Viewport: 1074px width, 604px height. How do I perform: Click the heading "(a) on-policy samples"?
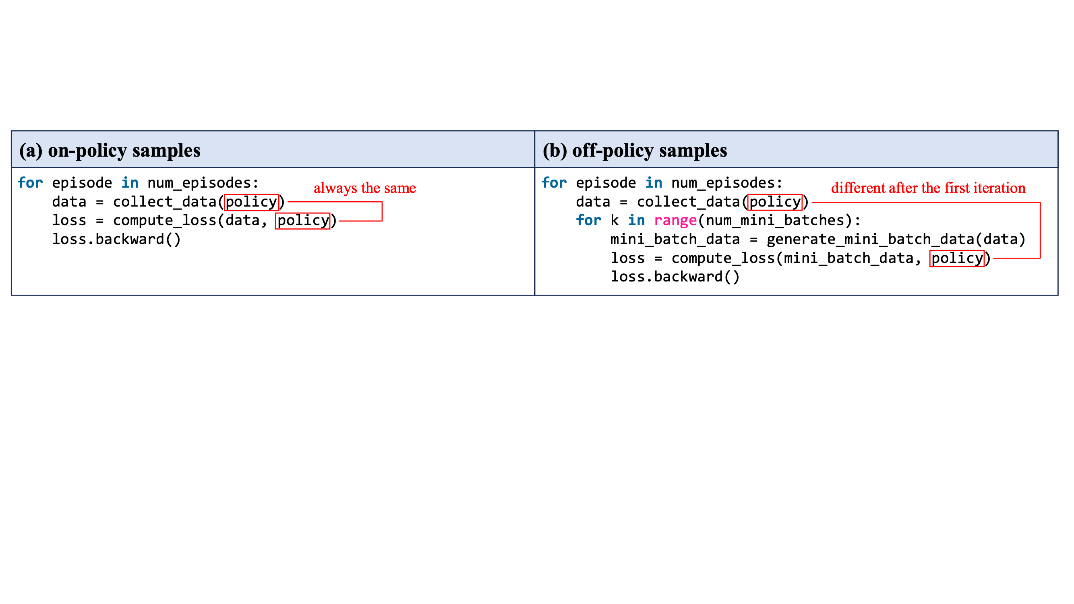pos(110,151)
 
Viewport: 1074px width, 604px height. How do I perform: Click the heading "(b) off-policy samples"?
pos(635,151)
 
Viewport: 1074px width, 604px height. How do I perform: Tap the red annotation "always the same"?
pos(365,188)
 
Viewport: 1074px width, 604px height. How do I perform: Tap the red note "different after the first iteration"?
pos(928,188)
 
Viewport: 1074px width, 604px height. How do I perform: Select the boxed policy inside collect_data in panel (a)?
pos(251,202)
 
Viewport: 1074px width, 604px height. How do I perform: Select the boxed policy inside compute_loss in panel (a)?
pos(303,221)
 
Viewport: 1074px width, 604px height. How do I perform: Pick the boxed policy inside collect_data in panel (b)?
pos(775,202)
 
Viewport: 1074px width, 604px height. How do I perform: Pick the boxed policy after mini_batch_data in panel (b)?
pos(957,259)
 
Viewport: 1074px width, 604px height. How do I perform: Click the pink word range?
pos(675,221)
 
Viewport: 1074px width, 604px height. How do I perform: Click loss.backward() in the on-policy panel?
pos(116,239)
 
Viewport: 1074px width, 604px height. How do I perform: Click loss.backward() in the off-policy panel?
pos(675,277)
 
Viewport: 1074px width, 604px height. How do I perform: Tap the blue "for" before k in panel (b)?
pos(588,221)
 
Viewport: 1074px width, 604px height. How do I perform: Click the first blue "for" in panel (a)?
pos(30,183)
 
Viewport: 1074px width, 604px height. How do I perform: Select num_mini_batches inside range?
pos(775,221)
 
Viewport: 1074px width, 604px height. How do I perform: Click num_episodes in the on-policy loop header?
pos(199,183)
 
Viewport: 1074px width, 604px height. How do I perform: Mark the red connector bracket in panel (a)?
pos(382,211)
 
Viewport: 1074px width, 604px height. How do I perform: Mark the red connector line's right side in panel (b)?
pos(1040,230)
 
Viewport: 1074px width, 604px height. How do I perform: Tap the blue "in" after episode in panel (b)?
pos(653,183)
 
